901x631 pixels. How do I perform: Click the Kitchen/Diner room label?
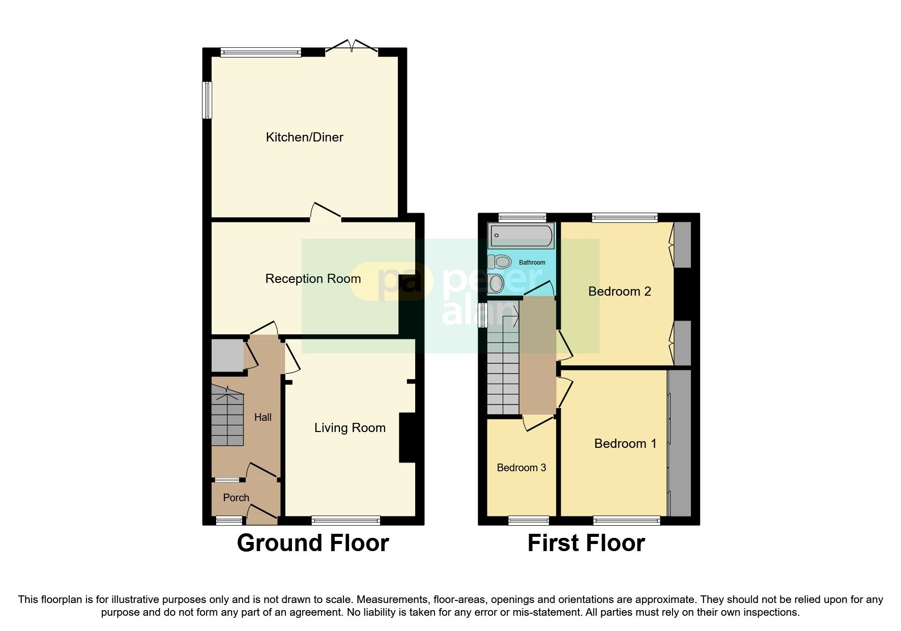pos(304,137)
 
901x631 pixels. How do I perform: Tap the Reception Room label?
pos(313,279)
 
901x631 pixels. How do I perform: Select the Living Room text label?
pos(350,428)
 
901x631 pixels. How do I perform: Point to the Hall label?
pos(263,417)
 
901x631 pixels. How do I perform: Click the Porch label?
pos(236,498)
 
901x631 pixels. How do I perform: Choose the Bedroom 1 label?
pos(625,444)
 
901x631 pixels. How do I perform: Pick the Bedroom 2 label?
pos(619,292)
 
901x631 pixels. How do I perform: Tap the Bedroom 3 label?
pos(521,468)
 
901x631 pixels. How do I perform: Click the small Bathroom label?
pos(532,263)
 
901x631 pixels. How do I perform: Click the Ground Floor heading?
pos(313,543)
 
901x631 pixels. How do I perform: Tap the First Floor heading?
pos(586,543)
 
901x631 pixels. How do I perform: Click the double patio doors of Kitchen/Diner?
pos(351,47)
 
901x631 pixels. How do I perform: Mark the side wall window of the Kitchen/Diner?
pos(207,100)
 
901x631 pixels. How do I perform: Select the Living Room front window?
pos(346,520)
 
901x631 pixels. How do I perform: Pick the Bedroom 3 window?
pos(529,520)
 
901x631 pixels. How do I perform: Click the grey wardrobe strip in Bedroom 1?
pos(680,443)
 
